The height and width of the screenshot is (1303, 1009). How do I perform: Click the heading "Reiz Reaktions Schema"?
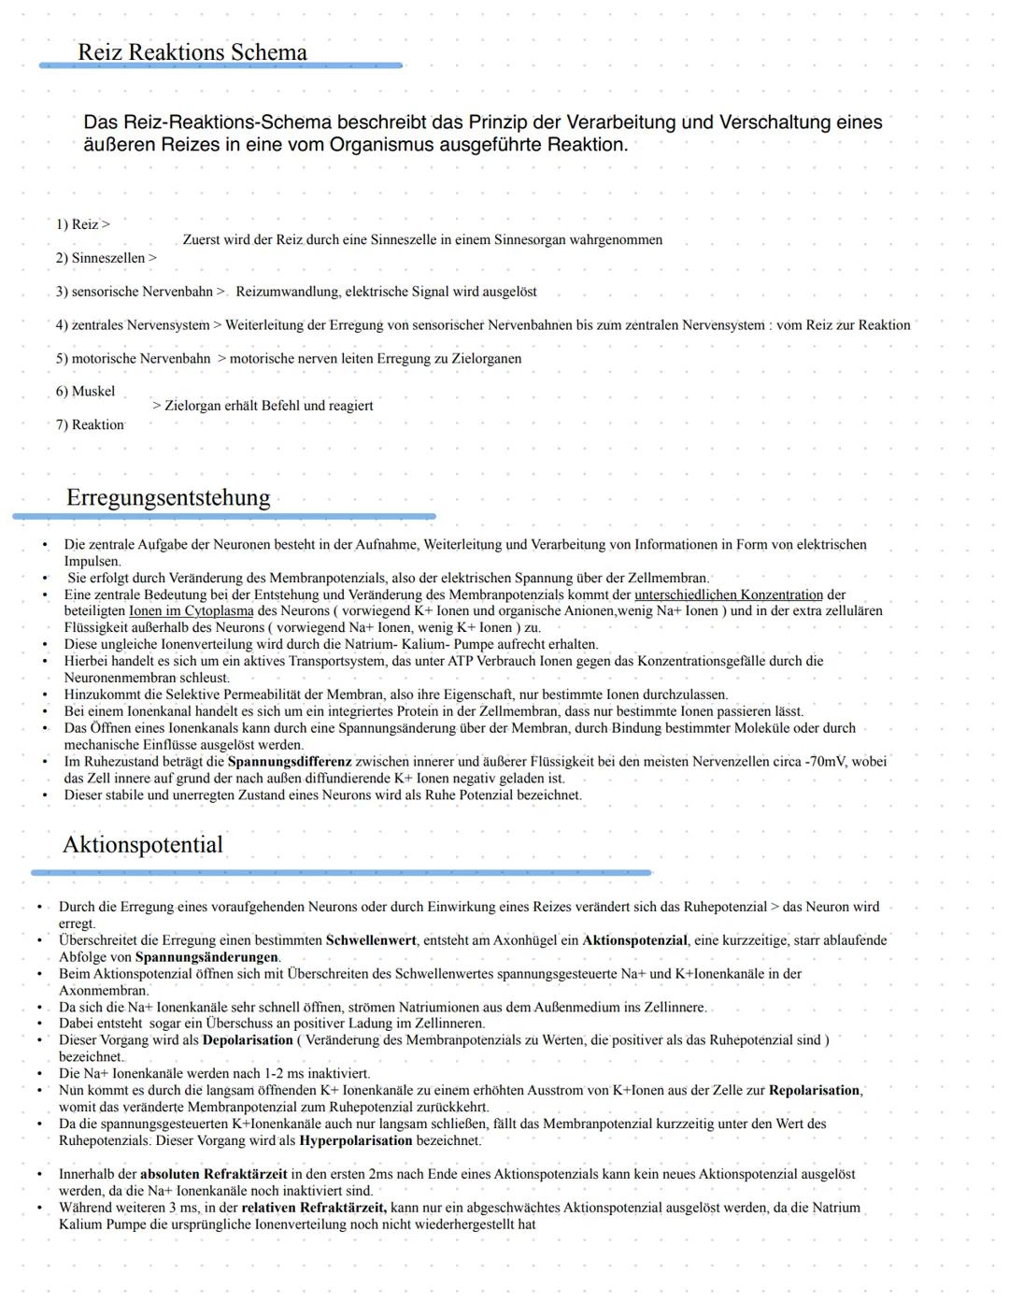[192, 52]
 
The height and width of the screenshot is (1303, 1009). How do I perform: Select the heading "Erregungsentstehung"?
[168, 497]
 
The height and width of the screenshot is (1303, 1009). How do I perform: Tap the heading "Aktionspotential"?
[143, 845]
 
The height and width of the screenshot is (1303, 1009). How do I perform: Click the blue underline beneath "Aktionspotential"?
[341, 873]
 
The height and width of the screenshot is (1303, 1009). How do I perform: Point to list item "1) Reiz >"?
[82, 224]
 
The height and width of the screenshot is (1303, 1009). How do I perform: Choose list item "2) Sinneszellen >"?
[106, 258]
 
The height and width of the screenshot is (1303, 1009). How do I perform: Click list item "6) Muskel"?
[85, 392]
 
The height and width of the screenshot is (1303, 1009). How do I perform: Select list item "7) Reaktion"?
[90, 425]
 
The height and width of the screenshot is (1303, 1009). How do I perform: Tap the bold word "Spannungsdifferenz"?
[290, 762]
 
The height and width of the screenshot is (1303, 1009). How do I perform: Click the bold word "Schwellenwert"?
[371, 940]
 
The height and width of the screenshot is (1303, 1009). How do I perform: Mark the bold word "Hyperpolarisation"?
[356, 1140]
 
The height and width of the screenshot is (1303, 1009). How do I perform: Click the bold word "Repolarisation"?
[815, 1091]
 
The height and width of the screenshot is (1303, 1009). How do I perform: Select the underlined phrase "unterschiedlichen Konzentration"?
[729, 595]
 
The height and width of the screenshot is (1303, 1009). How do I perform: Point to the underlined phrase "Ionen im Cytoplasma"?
[192, 611]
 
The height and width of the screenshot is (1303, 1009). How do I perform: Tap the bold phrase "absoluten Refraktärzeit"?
[214, 1174]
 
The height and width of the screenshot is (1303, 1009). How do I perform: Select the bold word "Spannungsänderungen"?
[207, 957]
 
